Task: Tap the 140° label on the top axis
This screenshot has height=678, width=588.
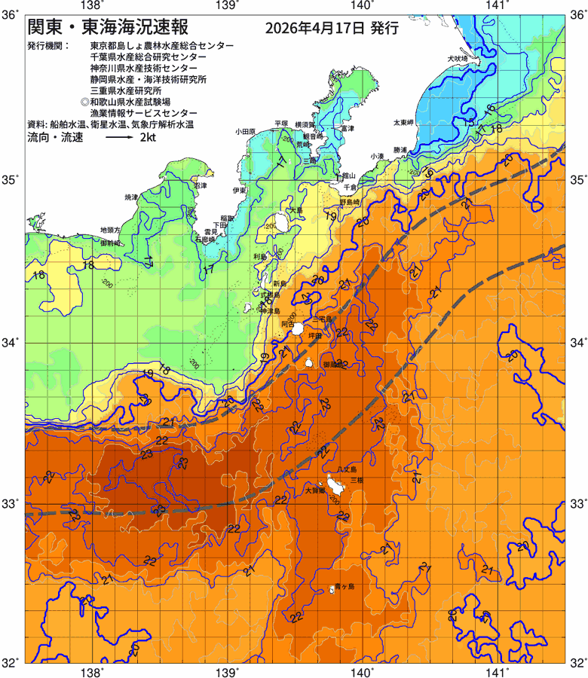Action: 362,6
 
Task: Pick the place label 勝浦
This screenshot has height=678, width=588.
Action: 400,149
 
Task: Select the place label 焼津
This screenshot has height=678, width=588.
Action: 132,197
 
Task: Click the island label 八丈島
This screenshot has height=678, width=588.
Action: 348,470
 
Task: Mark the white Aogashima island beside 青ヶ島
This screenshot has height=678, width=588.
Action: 332,589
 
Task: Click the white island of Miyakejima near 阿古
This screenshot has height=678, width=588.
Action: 299,328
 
